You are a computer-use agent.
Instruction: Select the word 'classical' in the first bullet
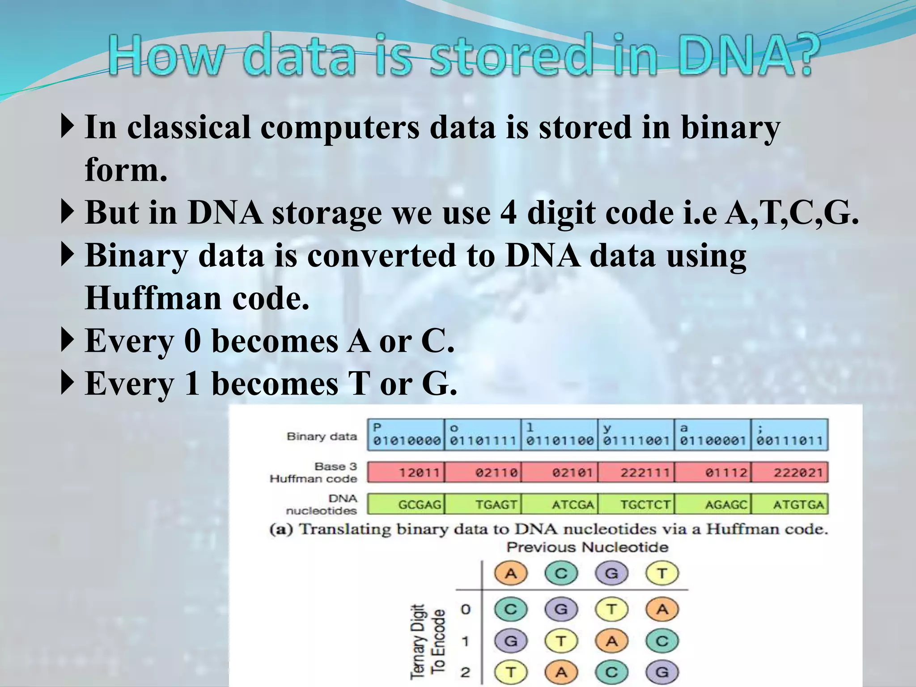tap(188, 127)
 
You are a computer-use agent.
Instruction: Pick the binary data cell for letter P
tap(406, 435)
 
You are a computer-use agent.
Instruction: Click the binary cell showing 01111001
tap(636, 435)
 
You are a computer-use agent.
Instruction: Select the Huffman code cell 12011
tap(406, 472)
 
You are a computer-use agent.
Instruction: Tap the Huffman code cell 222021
tap(790, 472)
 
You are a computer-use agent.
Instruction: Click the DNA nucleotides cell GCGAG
tap(406, 505)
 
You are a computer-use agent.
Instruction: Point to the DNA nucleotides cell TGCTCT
tap(636, 505)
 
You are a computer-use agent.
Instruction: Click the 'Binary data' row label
tap(322, 436)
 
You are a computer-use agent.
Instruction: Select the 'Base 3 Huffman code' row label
tap(314, 472)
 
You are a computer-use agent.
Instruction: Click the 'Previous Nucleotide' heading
tap(587, 547)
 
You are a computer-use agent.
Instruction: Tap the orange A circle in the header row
tap(511, 573)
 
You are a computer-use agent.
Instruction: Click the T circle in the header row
tap(662, 573)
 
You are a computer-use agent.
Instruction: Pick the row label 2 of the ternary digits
tap(466, 672)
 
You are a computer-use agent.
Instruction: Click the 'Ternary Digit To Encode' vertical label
tap(427, 642)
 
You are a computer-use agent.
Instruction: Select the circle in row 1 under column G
tap(611, 641)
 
